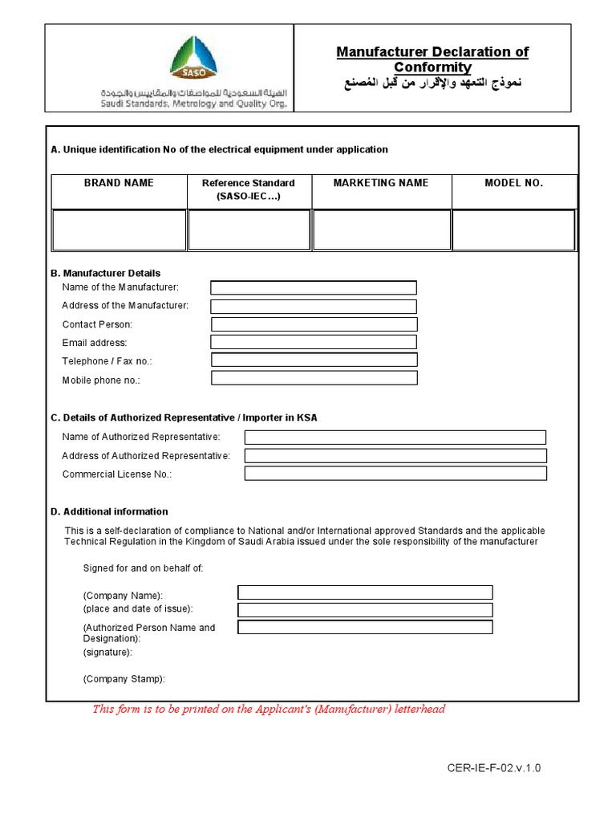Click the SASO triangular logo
click(x=192, y=58)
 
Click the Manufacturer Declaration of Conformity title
click(x=432, y=59)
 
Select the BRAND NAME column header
click(x=119, y=183)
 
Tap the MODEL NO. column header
click(x=513, y=183)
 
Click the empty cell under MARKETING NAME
click(x=380, y=230)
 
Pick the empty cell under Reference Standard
click(x=249, y=230)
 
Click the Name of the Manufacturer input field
click(x=314, y=287)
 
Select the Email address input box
click(x=314, y=343)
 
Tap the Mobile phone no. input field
click(x=314, y=378)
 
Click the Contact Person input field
click(x=314, y=324)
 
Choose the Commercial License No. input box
click(x=395, y=474)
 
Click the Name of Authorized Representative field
click(x=395, y=437)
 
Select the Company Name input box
click(x=365, y=592)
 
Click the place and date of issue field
click(x=365, y=609)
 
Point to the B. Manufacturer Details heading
click(x=105, y=273)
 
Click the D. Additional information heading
click(x=109, y=511)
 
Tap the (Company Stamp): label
click(x=124, y=679)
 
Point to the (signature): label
click(x=107, y=653)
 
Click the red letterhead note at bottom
click(x=269, y=709)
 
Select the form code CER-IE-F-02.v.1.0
click(x=494, y=768)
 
